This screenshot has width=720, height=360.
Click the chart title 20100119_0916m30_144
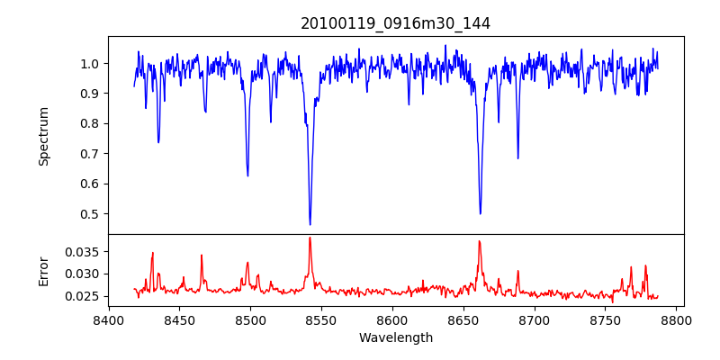[395, 23]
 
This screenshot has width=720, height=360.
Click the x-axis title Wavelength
[395, 338]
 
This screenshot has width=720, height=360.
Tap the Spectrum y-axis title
[43, 136]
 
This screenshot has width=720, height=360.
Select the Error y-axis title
[43, 271]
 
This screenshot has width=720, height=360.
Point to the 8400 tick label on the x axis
[108, 319]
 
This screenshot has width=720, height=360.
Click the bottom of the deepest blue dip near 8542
[310, 224]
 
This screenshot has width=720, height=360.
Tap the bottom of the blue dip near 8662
[480, 213]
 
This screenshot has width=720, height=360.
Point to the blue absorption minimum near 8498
[247, 175]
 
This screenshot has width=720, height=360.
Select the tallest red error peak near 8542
[310, 238]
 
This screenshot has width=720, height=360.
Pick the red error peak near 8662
[479, 240]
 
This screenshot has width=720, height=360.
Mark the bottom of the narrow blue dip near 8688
[517, 158]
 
